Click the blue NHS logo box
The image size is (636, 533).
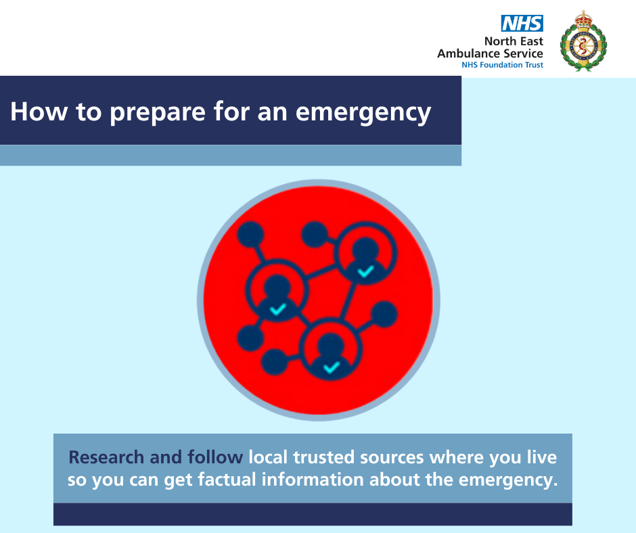pos(522,23)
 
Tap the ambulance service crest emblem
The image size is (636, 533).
pos(583,41)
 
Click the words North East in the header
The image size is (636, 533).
pos(514,41)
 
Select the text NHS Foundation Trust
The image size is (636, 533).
pos(502,65)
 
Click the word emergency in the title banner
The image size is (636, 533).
pos(363,112)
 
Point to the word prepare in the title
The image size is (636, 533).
pos(158,112)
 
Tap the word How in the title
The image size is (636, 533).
pos(39,112)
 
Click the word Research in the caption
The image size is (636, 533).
pos(106,457)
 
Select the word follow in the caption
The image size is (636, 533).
pos(215,457)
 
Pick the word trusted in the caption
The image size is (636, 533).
pos(323,457)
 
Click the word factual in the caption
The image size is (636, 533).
pos(227,480)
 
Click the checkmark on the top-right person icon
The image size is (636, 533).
pos(365,271)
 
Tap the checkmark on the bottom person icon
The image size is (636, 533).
pos(331,367)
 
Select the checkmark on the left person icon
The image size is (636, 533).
pos(277,310)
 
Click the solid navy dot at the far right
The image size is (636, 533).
pos(384,315)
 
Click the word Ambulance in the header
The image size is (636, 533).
pos(468,53)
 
